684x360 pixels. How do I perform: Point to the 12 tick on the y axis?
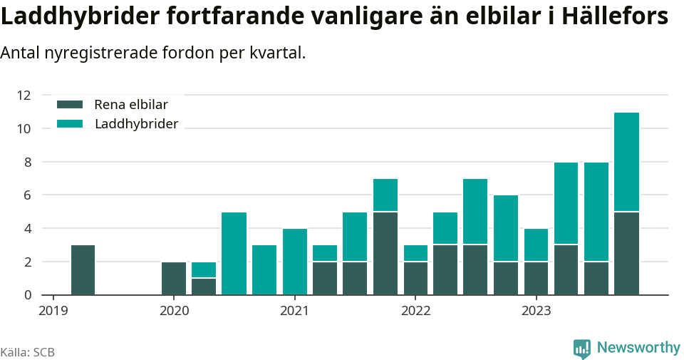(x=24, y=95)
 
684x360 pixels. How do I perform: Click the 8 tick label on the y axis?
(x=27, y=162)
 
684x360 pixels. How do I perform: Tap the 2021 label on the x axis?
(x=294, y=311)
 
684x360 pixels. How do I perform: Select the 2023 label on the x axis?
(x=536, y=311)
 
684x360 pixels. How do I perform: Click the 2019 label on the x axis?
(x=53, y=311)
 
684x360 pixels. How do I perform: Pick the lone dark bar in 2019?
(x=83, y=269)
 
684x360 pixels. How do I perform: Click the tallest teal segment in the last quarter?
(x=626, y=162)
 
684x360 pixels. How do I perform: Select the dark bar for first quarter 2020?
(x=174, y=278)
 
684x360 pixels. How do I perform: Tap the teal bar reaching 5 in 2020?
(x=234, y=253)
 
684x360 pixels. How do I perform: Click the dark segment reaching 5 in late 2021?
(x=385, y=253)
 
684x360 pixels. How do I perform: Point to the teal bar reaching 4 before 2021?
(x=294, y=262)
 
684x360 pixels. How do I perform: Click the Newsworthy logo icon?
(x=582, y=349)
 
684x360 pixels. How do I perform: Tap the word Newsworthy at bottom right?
(x=638, y=348)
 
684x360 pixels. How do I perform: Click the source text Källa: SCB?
(x=28, y=352)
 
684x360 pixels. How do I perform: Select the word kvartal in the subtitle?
(x=275, y=53)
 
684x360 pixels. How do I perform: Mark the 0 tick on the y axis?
(x=27, y=295)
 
